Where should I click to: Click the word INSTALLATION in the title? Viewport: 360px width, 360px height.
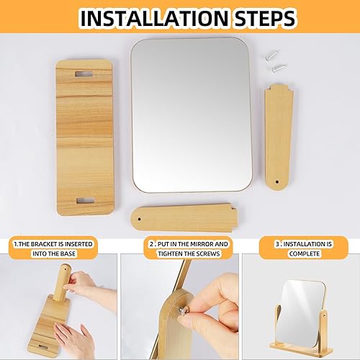tap(153, 18)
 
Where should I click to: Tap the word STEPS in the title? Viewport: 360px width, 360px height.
tap(265, 18)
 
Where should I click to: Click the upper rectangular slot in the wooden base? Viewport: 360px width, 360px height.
tap(84, 74)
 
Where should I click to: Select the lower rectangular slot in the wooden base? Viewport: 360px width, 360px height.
tap(86, 201)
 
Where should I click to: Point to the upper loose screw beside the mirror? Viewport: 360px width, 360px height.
tap(271, 55)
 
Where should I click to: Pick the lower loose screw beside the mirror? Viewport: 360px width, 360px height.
tap(279, 68)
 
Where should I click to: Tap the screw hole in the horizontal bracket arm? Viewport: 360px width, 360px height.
tap(140, 219)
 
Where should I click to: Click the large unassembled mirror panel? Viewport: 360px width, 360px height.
tap(192, 115)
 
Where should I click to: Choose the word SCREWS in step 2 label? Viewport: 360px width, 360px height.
tap(208, 253)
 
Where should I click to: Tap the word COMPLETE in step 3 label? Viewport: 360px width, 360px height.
tap(304, 253)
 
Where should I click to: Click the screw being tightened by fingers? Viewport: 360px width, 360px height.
tap(183, 311)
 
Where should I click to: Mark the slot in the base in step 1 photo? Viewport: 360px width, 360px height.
tap(42, 346)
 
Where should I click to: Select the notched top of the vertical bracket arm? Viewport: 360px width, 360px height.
tap(279, 88)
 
